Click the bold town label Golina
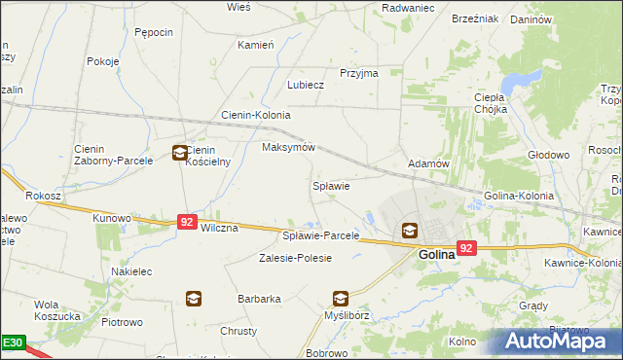(x=437, y=254)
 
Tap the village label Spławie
(x=330, y=185)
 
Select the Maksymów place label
(x=289, y=147)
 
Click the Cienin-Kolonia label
(x=256, y=115)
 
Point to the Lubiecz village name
(x=305, y=85)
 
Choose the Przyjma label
(x=358, y=73)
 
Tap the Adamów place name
(x=428, y=164)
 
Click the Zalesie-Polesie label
(x=295, y=258)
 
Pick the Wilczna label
(x=218, y=228)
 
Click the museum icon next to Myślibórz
(x=341, y=299)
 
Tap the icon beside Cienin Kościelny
(x=180, y=152)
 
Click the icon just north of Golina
(x=410, y=231)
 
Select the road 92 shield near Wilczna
(x=188, y=222)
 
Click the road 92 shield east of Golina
(x=466, y=248)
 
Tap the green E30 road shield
(x=12, y=343)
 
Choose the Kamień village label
(x=256, y=45)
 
